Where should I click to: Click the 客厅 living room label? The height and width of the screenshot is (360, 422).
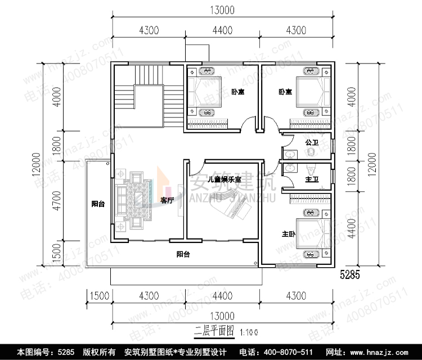[x=167, y=201]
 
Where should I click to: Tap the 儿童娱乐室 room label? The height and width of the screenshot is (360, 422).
[x=224, y=179]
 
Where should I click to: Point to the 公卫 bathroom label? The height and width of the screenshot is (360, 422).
[x=312, y=143]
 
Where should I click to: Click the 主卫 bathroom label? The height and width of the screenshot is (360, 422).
[x=312, y=179]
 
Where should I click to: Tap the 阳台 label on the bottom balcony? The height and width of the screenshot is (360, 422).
[x=183, y=254]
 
